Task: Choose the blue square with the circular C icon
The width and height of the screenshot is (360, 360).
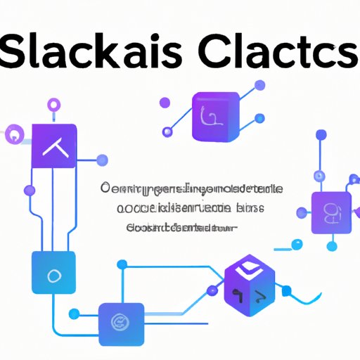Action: click(x=121, y=323)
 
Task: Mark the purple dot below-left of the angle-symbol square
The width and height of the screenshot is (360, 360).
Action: click(x=29, y=191)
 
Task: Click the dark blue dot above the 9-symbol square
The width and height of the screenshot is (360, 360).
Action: click(x=321, y=134)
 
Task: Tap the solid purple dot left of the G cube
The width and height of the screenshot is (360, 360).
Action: click(x=167, y=131)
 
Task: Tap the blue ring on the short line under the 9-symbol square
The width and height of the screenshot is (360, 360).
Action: click(x=297, y=244)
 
